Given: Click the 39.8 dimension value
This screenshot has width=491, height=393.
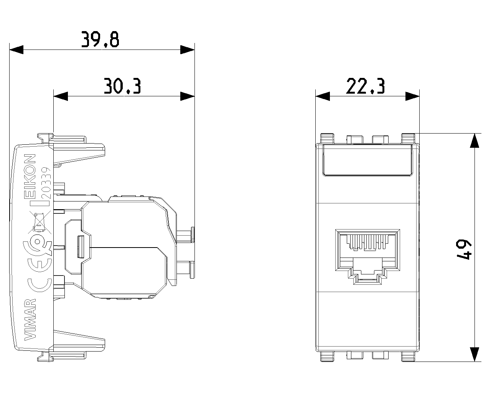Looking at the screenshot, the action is click(x=100, y=40).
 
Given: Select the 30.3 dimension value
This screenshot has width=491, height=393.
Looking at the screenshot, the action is click(x=122, y=86).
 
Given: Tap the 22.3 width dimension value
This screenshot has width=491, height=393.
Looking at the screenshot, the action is click(x=365, y=86).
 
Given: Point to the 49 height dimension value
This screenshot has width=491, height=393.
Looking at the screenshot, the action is click(x=463, y=249).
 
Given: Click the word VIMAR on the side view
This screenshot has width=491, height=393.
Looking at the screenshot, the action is click(x=30, y=319).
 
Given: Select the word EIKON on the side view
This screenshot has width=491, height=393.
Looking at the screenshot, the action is click(x=30, y=176).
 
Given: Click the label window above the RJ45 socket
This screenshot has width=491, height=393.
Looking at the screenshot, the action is click(x=367, y=160).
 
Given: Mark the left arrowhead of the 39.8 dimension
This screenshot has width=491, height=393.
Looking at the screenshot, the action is click(x=16, y=50).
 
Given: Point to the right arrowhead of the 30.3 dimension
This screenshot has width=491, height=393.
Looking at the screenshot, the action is click(x=187, y=96).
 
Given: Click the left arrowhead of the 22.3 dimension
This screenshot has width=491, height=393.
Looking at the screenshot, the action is click(x=323, y=96).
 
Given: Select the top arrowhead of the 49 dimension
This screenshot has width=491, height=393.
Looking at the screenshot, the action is click(x=475, y=140).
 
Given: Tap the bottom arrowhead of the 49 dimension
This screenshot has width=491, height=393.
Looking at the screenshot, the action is click(x=475, y=354).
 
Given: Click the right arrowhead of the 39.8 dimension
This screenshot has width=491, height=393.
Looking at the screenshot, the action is click(x=187, y=50).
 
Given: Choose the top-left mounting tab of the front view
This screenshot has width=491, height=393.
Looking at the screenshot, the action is click(x=327, y=139).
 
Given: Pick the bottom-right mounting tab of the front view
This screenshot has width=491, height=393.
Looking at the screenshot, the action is click(x=408, y=357).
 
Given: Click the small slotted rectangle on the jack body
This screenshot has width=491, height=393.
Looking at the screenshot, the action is click(x=81, y=247).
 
